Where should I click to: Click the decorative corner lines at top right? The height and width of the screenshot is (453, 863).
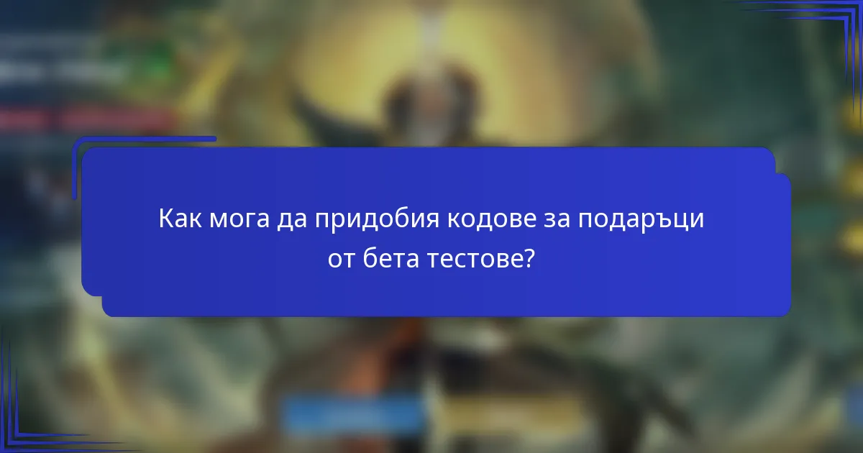827,29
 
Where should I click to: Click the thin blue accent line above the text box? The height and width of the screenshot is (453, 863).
144,139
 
